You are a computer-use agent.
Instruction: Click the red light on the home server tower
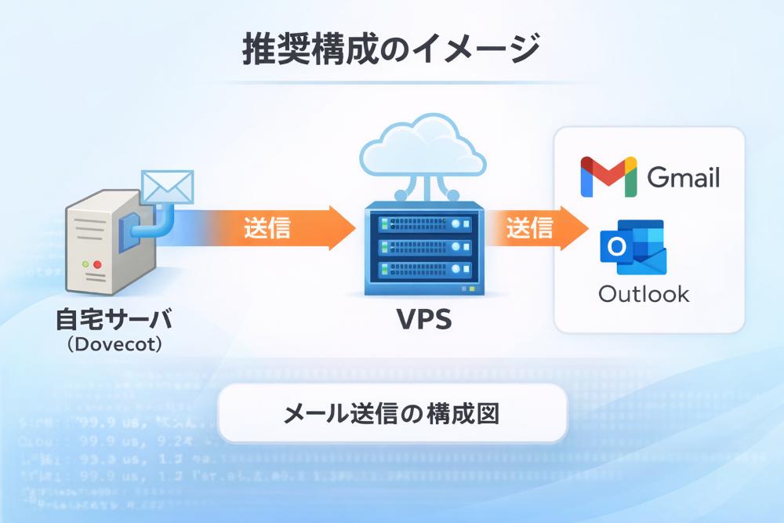click(98, 265)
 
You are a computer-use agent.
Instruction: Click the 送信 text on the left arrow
click(267, 227)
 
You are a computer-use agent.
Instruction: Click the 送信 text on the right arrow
click(529, 227)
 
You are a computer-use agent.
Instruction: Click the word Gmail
click(683, 178)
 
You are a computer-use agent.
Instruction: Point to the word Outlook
click(644, 294)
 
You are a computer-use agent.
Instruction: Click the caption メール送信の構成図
click(391, 412)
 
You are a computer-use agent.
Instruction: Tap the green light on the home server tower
click(83, 265)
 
